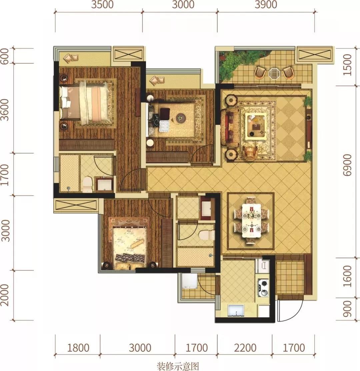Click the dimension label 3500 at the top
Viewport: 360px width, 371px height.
pos(102,4)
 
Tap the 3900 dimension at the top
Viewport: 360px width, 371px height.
pos(266,4)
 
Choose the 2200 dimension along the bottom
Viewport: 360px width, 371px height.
pos(245,348)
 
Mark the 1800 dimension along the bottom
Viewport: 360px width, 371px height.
pos(78,348)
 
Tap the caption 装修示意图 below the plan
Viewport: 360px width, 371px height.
pos(178,366)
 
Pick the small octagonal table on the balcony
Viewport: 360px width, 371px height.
pos(274,73)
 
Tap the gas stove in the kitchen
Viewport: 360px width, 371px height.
pos(263,288)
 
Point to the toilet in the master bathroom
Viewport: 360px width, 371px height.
pos(87,184)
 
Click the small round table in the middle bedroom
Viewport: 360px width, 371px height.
pos(181,117)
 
